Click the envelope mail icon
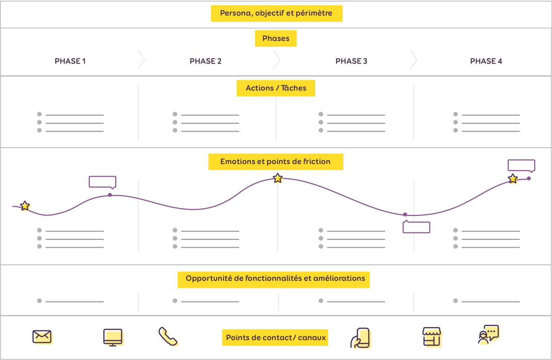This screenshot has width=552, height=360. click(42, 337)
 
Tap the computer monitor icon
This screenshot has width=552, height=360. click(113, 337)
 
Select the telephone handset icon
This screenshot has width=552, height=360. click(168, 336)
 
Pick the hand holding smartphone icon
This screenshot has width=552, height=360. click(361, 338)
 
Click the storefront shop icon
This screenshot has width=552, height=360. click(432, 337)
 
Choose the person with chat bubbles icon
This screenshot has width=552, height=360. click(488, 335)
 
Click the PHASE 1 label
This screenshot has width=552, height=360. click(70, 61)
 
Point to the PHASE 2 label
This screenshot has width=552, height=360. click(206, 61)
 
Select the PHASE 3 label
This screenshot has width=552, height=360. click(351, 61)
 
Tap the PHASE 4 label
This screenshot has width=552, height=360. click(486, 61)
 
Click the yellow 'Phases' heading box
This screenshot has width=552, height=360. click(276, 38)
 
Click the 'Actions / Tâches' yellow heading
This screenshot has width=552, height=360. click(276, 88)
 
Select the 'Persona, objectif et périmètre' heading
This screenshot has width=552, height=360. click(276, 13)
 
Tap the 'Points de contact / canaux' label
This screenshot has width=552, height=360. click(275, 338)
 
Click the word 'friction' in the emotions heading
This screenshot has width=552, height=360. click(317, 162)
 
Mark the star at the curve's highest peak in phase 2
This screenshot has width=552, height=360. click(278, 178)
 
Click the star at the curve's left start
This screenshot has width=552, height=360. click(25, 206)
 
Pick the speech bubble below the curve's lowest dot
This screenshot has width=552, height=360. click(416, 227)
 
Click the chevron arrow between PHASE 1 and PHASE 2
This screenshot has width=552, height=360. click(141, 60)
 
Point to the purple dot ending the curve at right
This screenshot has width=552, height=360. click(529, 178)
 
